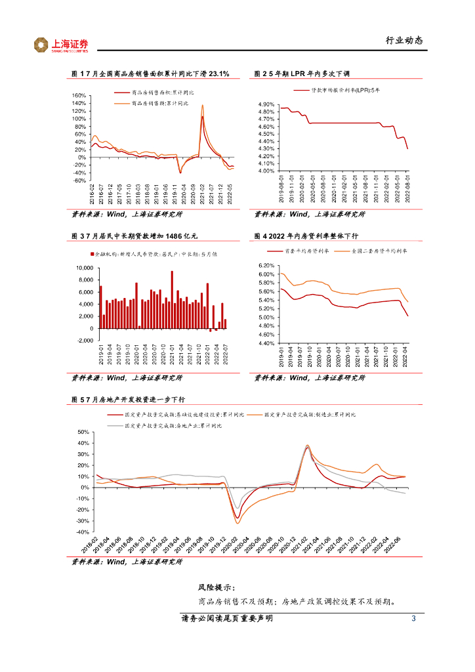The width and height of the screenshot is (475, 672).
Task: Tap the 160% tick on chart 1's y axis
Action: (x=78, y=96)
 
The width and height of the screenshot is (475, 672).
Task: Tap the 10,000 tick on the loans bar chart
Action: (x=84, y=268)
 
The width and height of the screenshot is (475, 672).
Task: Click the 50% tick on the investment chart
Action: (x=82, y=432)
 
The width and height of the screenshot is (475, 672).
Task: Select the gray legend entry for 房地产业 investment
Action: (x=172, y=426)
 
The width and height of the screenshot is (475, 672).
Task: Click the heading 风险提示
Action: (x=216, y=588)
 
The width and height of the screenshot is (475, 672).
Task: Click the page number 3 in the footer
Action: (x=413, y=619)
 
